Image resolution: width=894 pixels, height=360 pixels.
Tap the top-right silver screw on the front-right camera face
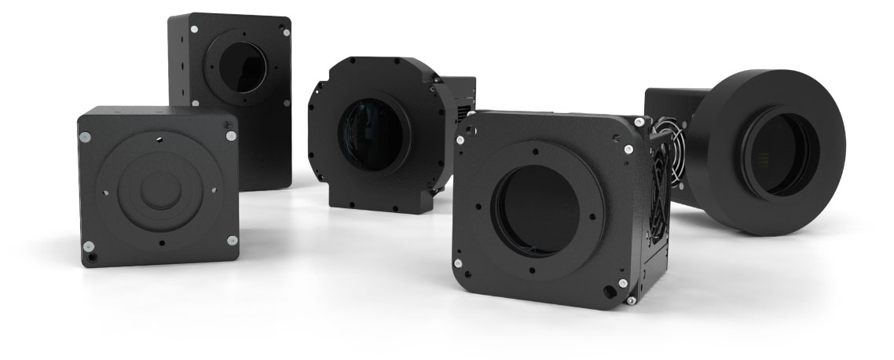pos(628,149)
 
